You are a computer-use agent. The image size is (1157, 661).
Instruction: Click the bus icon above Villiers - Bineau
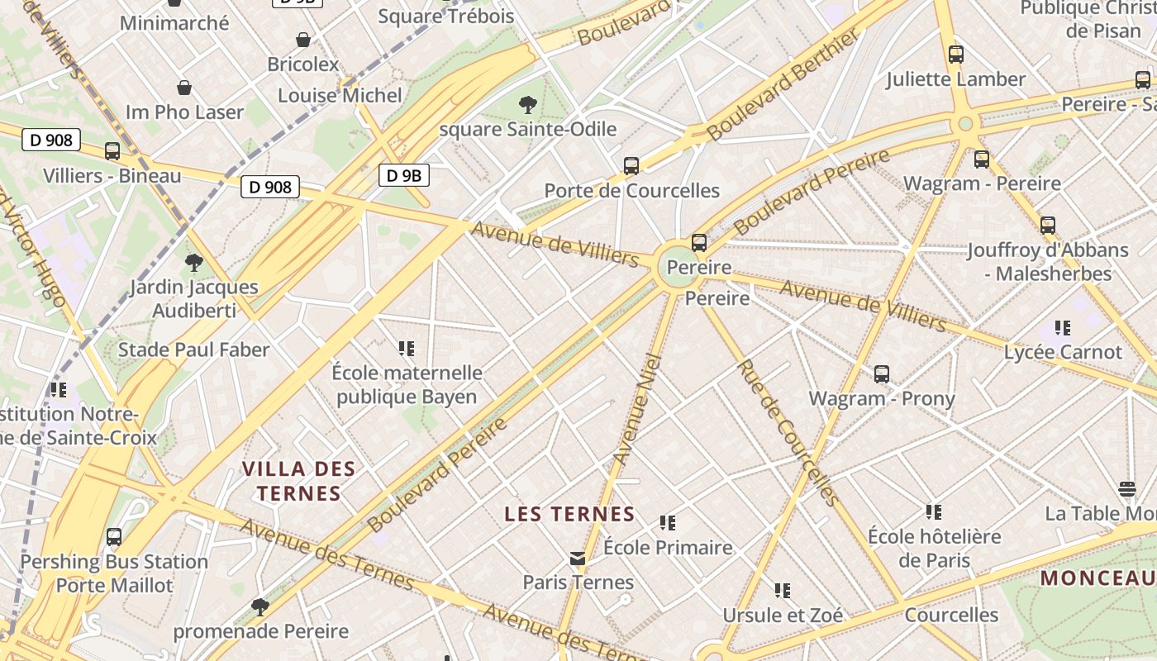[x=112, y=151]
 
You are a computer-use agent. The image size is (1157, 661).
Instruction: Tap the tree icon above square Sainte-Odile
[x=527, y=105]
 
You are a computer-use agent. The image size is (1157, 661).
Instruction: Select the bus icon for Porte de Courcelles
[x=631, y=166]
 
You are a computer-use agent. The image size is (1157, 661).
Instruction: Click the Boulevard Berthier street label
[x=782, y=88]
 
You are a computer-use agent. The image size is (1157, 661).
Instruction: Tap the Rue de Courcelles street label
[x=788, y=432]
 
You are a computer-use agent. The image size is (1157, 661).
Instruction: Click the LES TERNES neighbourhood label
[x=569, y=514]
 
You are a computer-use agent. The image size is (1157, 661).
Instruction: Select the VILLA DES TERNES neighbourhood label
[x=298, y=482]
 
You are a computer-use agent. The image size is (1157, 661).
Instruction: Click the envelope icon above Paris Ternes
[x=578, y=559]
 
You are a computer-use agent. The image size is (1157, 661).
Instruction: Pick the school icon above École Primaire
[x=668, y=523]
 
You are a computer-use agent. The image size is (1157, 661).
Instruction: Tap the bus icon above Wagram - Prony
[x=882, y=374]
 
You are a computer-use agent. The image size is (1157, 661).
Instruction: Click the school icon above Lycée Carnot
[x=1063, y=328]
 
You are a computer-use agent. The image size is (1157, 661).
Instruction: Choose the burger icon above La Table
[x=1127, y=488]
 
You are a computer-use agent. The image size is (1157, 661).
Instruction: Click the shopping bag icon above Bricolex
[x=303, y=40]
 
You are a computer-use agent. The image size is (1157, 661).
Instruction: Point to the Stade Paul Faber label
[x=193, y=350]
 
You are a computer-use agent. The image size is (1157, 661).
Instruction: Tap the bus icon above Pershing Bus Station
[x=114, y=537]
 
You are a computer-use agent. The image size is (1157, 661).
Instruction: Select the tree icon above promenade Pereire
[x=260, y=607]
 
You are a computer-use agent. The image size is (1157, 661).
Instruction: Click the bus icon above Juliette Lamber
[x=956, y=55]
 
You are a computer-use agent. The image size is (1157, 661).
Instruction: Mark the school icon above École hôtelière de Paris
[x=934, y=512]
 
